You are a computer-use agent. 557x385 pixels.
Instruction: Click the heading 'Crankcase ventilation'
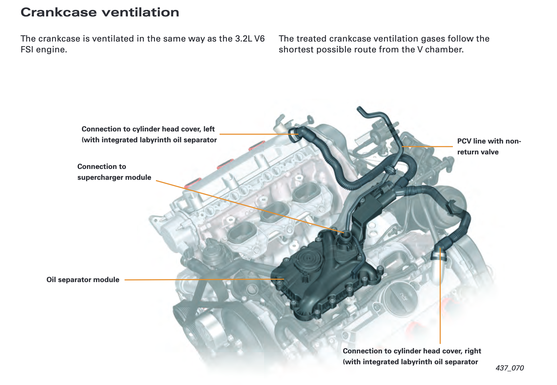tap(100, 12)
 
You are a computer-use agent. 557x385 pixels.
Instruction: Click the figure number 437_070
tap(509, 368)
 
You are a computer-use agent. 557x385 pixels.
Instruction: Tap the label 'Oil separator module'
tap(83, 280)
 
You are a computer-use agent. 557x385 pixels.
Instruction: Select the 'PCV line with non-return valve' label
tap(489, 146)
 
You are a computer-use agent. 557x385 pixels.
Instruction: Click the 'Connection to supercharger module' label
tap(114, 172)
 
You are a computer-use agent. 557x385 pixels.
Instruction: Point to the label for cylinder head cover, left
tap(149, 134)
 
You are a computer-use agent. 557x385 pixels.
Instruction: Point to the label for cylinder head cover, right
tap(411, 356)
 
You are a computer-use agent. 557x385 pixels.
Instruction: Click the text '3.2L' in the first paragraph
tap(244, 39)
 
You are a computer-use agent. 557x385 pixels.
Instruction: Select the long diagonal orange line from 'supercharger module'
tap(248, 206)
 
